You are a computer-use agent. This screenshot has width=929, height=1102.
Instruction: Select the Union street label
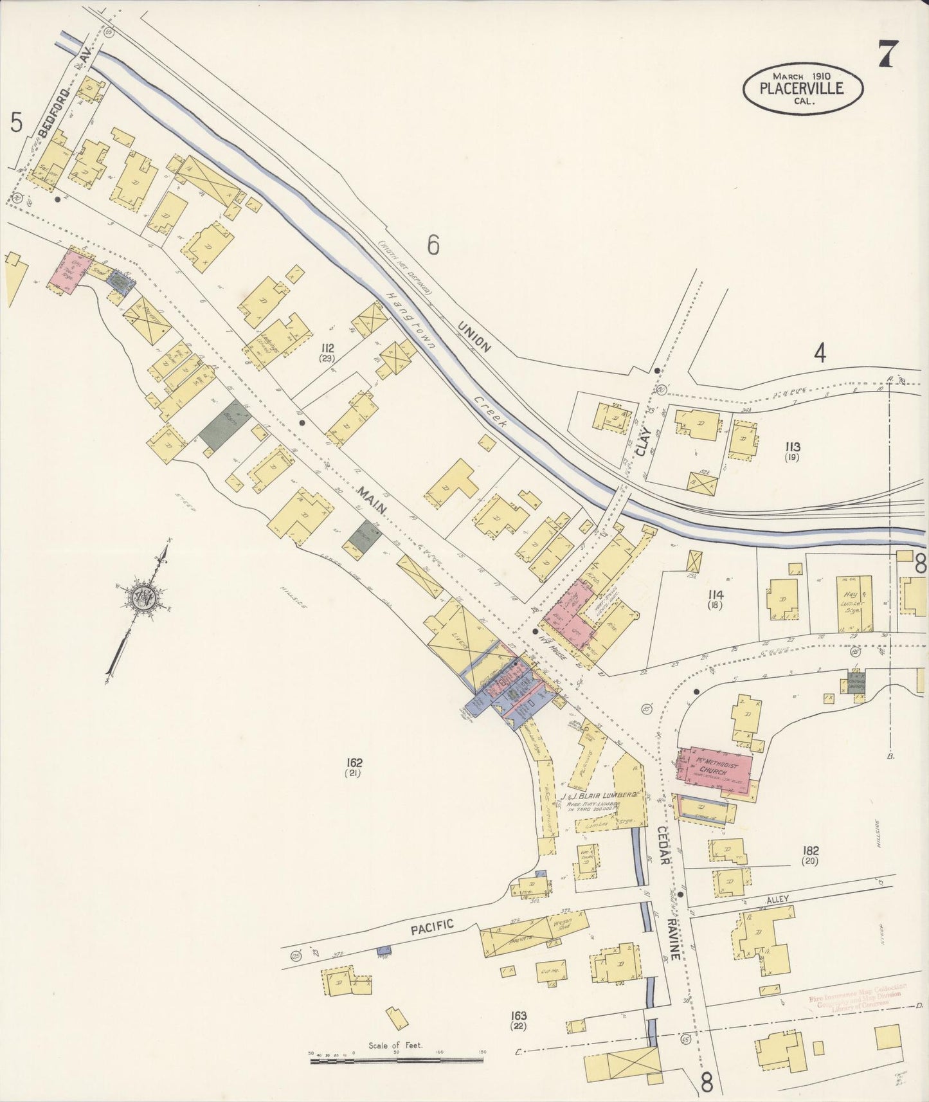pyautogui.click(x=474, y=336)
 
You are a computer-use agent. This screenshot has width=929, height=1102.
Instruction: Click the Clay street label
pyautogui.click(x=644, y=441)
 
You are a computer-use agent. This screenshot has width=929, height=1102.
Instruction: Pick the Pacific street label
pyautogui.click(x=432, y=926)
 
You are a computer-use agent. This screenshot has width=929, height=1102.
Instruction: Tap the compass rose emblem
pyautogui.click(x=141, y=597)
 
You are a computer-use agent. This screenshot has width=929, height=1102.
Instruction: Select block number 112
pyautogui.click(x=329, y=350)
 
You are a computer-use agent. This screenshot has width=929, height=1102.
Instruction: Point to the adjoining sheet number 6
pyautogui.click(x=433, y=245)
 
